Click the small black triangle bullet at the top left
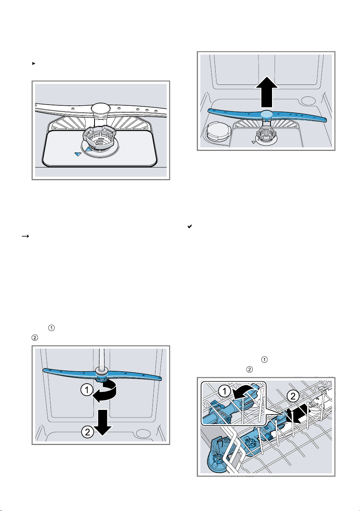(34, 63)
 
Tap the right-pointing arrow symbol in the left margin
(25, 236)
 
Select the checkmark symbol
(189, 226)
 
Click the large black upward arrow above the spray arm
(267, 92)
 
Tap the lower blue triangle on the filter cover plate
(78, 154)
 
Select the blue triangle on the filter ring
(88, 149)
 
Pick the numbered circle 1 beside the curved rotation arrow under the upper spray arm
(87, 390)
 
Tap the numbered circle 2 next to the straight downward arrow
(87, 431)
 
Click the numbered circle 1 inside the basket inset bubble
(225, 391)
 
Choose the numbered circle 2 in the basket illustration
(293, 396)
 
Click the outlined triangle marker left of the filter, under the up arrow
(253, 142)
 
